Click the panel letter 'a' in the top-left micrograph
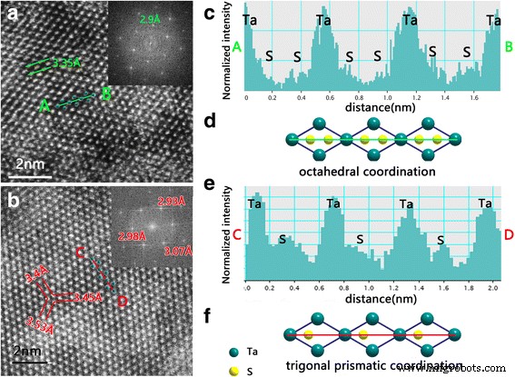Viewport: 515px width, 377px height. point(12,15)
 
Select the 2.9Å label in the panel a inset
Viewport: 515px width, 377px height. point(148,17)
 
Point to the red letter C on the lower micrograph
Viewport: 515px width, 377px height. point(82,251)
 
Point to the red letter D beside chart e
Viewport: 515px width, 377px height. point(508,235)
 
